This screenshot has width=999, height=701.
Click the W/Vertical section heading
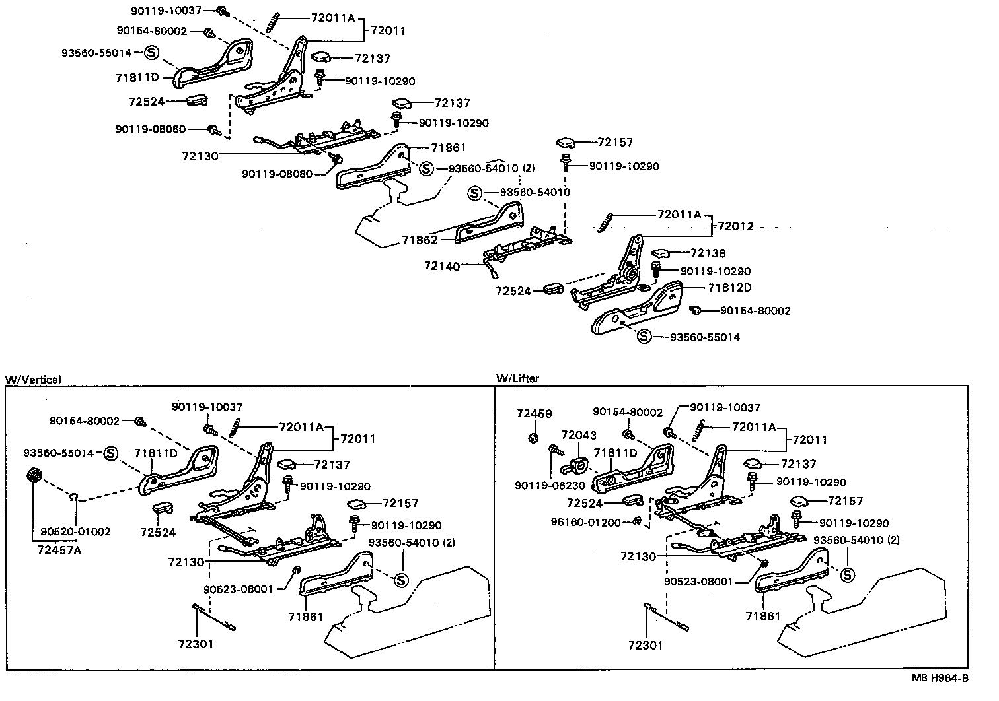click(x=33, y=380)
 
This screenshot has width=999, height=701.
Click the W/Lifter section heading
click(x=517, y=378)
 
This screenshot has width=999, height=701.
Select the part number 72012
click(x=735, y=226)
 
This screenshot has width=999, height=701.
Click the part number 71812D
click(x=729, y=288)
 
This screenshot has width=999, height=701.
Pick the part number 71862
click(x=420, y=240)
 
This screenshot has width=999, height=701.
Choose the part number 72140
click(x=441, y=265)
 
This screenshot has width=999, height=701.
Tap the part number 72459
click(x=534, y=414)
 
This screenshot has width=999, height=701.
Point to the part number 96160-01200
click(x=586, y=522)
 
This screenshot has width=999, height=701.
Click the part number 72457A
click(x=59, y=549)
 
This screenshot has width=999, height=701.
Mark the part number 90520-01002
click(x=75, y=531)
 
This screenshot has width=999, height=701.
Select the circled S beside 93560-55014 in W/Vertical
click(x=110, y=453)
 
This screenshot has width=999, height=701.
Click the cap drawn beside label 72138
click(x=662, y=253)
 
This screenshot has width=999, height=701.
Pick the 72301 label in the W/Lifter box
click(x=646, y=645)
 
